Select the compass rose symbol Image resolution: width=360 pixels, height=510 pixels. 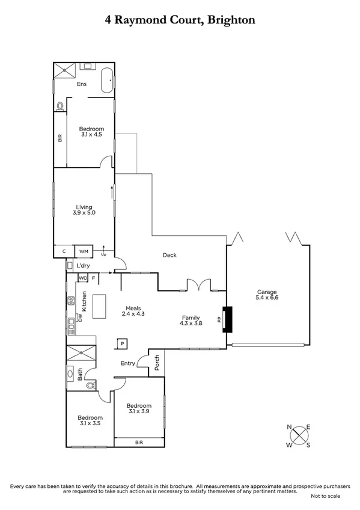299,436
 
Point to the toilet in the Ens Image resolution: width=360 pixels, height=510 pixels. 59,106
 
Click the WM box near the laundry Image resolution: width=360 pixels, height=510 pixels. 82,251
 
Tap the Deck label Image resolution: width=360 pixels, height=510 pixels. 169,255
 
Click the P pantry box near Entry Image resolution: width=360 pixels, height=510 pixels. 122,343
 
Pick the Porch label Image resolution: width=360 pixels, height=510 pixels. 157,362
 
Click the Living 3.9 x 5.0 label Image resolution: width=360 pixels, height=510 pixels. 84,210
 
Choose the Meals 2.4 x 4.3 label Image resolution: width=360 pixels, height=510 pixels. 134,310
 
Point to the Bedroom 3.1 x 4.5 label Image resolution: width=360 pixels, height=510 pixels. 92,132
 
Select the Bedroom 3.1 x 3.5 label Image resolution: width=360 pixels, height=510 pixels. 90,420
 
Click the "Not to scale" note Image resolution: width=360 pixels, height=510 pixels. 325,496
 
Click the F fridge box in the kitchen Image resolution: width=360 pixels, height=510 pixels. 94,278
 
